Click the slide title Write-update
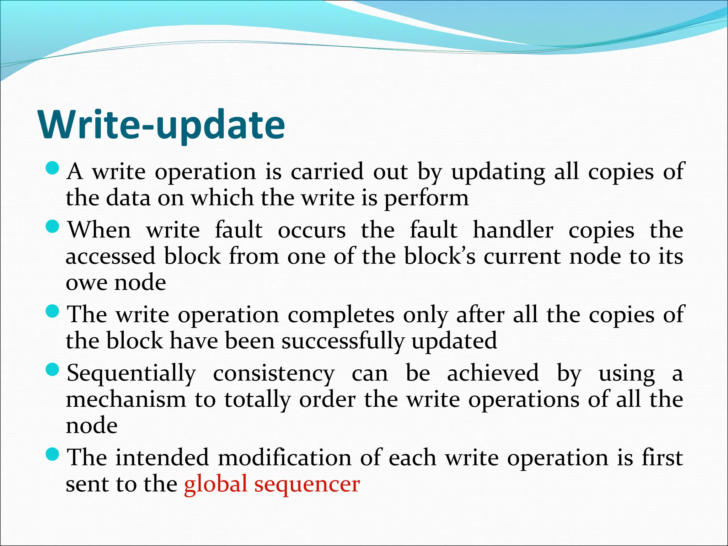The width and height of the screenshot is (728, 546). coord(162,125)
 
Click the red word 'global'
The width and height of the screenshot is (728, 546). coord(215,484)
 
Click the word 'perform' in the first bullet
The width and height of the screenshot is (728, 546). coord(427,198)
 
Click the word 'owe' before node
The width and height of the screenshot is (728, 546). coord(86,283)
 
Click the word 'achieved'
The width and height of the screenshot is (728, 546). coord(493,373)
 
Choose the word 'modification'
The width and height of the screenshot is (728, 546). coord(284,457)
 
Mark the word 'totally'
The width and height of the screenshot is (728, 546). coord(257,400)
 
